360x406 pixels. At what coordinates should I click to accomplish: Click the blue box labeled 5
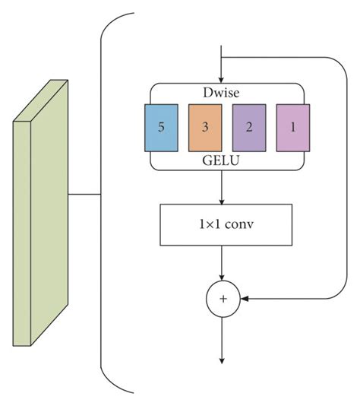pos(160,126)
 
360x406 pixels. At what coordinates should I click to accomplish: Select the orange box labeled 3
pos(204,126)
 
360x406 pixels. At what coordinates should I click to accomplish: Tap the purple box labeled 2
pos(248,126)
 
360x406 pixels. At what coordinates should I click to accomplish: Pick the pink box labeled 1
pos(292,126)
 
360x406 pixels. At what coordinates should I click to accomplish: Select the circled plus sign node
pos(223,300)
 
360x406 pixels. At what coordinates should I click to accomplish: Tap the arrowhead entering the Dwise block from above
pos(221,79)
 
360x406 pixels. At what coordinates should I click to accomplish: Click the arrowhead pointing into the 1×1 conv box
pos(221,201)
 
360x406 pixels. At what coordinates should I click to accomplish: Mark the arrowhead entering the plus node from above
pos(221,278)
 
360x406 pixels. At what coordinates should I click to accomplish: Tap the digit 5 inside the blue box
pos(160,126)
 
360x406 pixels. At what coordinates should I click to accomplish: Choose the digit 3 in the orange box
pos(204,126)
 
